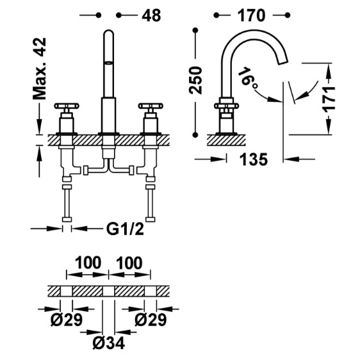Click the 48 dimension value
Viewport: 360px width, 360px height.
tap(151, 15)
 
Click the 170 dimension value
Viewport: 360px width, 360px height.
tap(251, 15)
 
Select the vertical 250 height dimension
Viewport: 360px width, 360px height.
tap(195, 80)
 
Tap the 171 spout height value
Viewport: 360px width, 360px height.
tap(329, 99)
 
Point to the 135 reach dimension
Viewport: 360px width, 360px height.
tap(254, 160)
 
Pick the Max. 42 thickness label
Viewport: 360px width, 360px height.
tap(40, 69)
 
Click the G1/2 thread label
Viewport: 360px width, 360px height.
tap(125, 229)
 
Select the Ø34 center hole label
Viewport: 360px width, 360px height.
tap(109, 343)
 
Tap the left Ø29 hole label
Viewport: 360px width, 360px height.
tap(67, 320)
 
